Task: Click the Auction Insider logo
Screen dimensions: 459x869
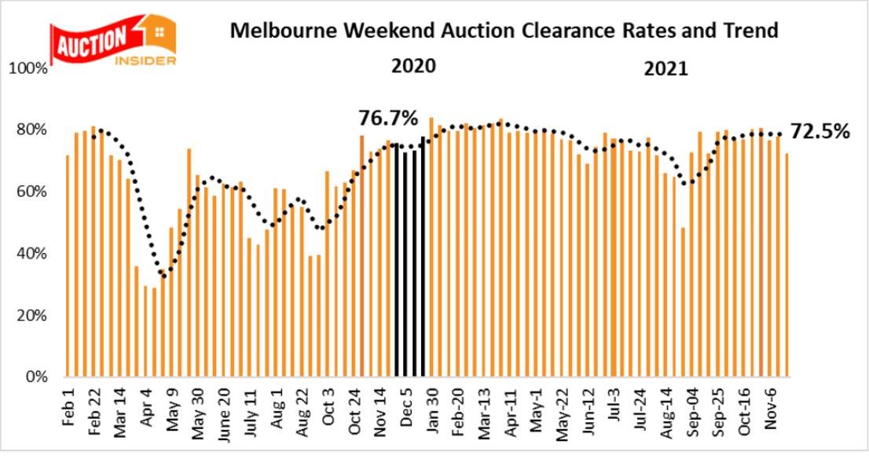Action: (113, 41)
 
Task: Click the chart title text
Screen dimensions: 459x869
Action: (503, 31)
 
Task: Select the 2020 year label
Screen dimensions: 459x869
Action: (413, 66)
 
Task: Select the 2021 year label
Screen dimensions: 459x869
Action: (665, 68)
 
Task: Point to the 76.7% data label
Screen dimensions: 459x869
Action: (388, 119)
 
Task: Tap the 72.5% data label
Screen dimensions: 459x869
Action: (820, 131)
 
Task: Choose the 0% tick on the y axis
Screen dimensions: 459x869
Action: (35, 377)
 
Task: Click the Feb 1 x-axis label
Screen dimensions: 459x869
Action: (68, 404)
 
